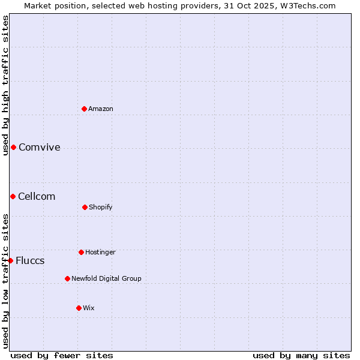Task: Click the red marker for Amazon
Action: tap(85, 109)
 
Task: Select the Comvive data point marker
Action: tap(13, 147)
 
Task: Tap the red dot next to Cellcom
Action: tap(13, 196)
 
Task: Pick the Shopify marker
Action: tap(85, 207)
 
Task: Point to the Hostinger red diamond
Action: tap(81, 252)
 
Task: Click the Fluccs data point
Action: tap(10, 260)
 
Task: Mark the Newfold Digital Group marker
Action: tap(67, 278)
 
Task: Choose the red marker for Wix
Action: tap(79, 308)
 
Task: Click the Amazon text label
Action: tap(101, 109)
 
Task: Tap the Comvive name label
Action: tap(40, 148)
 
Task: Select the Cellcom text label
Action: tap(37, 197)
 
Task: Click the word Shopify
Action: tap(101, 207)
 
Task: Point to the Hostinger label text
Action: tap(100, 252)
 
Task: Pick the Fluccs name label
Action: tap(30, 261)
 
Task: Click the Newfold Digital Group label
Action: tap(107, 278)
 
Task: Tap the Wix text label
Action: tap(89, 308)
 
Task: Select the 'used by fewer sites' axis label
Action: tap(62, 355)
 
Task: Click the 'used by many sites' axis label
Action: tap(301, 355)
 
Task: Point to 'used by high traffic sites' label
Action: tap(5, 85)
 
